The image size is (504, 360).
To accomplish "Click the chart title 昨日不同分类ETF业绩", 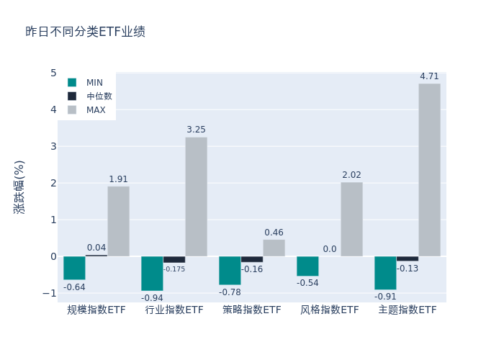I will pyautogui.click(x=85, y=32).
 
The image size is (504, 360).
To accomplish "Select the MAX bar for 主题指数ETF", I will pyautogui.click(x=429, y=170).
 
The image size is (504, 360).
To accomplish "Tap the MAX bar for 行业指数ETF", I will pyautogui.click(x=196, y=197).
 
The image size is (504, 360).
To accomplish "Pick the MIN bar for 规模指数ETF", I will pyautogui.click(x=74, y=268).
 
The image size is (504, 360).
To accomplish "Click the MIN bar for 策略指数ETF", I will pyautogui.click(x=230, y=271).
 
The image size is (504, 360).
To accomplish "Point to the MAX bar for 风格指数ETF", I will pyautogui.click(x=351, y=219).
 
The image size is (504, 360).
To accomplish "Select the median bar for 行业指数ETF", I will pyautogui.click(x=174, y=259).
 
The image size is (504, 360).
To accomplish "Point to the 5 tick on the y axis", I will pyautogui.click(x=53, y=73).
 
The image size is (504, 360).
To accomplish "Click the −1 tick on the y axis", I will pyautogui.click(x=50, y=293).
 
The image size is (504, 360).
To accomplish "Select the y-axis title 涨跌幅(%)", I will pyautogui.click(x=19, y=187).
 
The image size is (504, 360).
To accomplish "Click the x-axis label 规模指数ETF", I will pyautogui.click(x=96, y=310).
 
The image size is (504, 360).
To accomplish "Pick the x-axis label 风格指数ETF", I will pyautogui.click(x=330, y=310).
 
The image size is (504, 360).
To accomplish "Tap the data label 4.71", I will pyautogui.click(x=429, y=76).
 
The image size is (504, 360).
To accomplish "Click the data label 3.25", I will pyautogui.click(x=196, y=130).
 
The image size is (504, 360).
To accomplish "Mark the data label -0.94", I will pyautogui.click(x=152, y=298).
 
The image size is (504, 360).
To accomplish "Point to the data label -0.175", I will pyautogui.click(x=174, y=269).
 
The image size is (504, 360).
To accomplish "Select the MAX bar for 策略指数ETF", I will pyautogui.click(x=274, y=248).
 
